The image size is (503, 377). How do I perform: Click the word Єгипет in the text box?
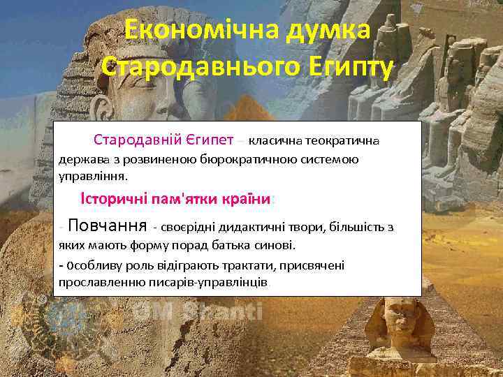206,139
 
